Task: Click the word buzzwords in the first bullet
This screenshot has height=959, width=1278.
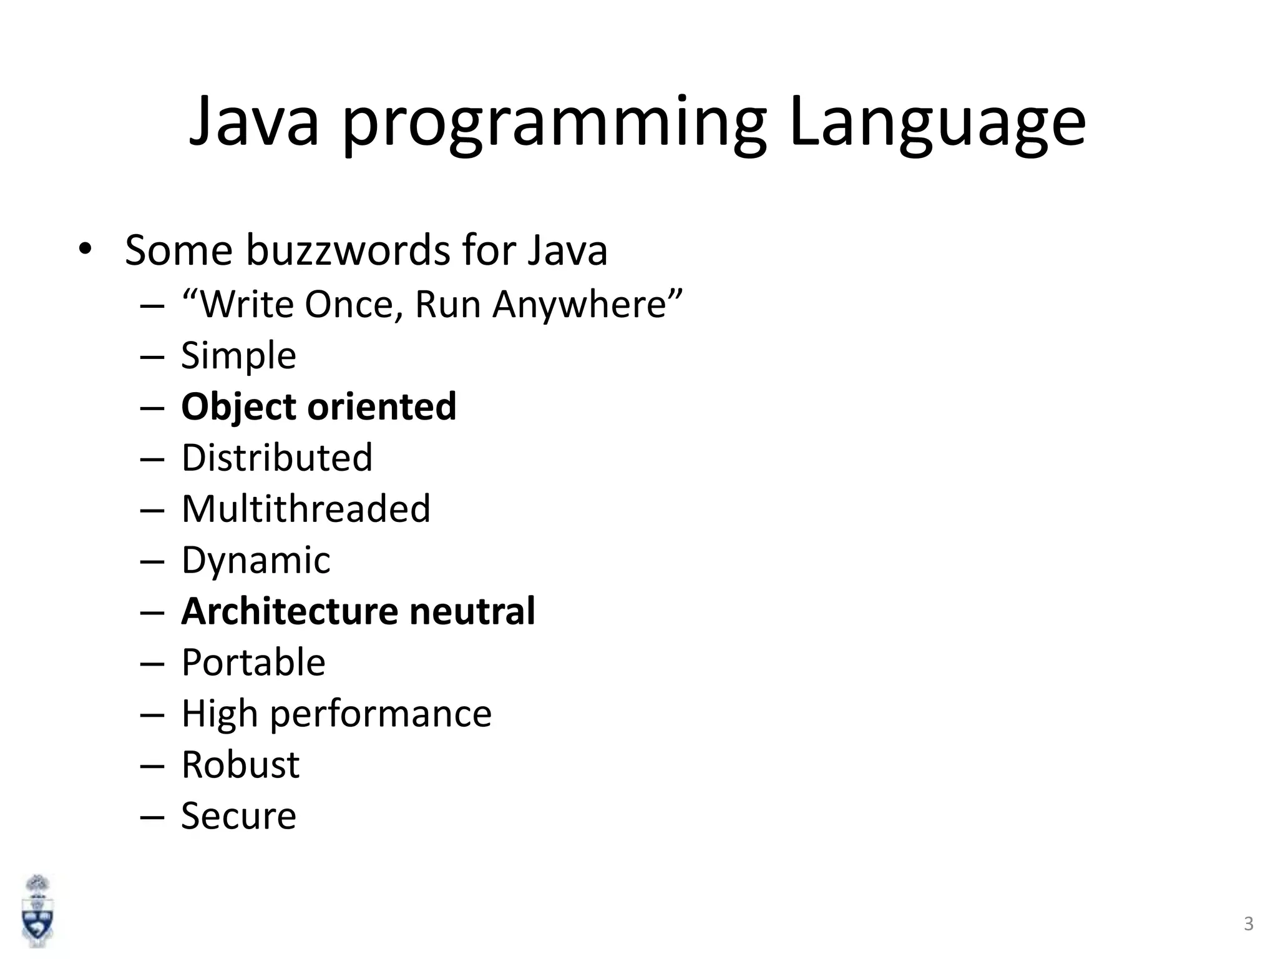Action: [x=348, y=250]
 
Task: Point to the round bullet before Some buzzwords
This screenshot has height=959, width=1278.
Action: [x=85, y=249]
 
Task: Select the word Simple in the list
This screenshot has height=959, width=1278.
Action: [x=238, y=356]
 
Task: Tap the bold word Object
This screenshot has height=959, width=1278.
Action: [x=238, y=407]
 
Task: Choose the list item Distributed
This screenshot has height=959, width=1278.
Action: [x=277, y=458]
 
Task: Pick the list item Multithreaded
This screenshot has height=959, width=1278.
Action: [x=306, y=509]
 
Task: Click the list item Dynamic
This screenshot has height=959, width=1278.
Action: [x=256, y=560]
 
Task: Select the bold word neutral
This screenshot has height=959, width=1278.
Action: [x=472, y=611]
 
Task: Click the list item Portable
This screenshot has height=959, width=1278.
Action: [x=253, y=662]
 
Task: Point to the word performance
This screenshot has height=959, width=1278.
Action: [x=381, y=714]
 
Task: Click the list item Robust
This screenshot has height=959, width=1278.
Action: [x=240, y=764]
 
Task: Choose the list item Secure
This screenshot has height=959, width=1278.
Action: [x=238, y=815]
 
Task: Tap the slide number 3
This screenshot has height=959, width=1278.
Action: [x=1248, y=923]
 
